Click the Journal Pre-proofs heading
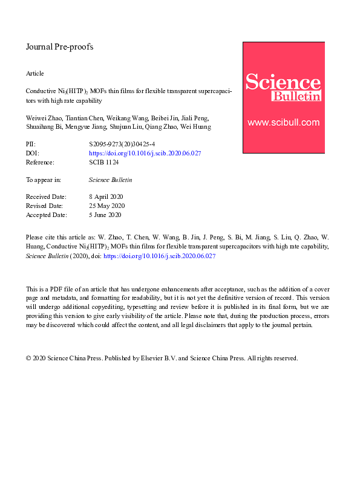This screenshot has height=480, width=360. coord(59,47)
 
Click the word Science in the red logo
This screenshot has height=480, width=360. coord(283,82)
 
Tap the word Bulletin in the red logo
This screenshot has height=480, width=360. coord(296,97)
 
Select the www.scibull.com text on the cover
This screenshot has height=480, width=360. coord(283,122)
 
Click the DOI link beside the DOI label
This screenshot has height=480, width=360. coord(145,154)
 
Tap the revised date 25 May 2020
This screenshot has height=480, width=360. coord(106,206)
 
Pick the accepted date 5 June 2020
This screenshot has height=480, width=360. coord(105,215)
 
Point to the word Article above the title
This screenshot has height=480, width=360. coord(35,73)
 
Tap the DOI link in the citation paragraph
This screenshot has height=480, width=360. coord(160,256)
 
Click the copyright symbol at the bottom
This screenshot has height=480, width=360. coord(28,358)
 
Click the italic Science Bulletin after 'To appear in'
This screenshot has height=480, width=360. coord(110,180)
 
